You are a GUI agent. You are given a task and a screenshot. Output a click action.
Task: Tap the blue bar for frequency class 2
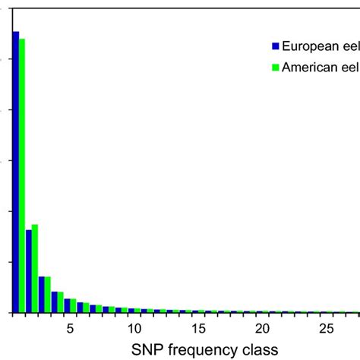click(28, 271)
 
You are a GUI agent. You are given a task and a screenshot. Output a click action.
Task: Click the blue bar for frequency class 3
click(41, 295)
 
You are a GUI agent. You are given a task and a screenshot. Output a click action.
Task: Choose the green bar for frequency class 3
click(48, 295)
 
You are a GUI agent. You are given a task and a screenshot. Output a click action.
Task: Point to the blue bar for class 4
click(54, 302)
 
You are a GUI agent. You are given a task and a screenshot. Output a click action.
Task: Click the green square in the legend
click(276, 68)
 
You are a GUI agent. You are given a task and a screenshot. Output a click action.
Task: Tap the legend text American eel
click(319, 67)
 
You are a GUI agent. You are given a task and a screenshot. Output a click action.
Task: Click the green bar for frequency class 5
click(74, 306)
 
